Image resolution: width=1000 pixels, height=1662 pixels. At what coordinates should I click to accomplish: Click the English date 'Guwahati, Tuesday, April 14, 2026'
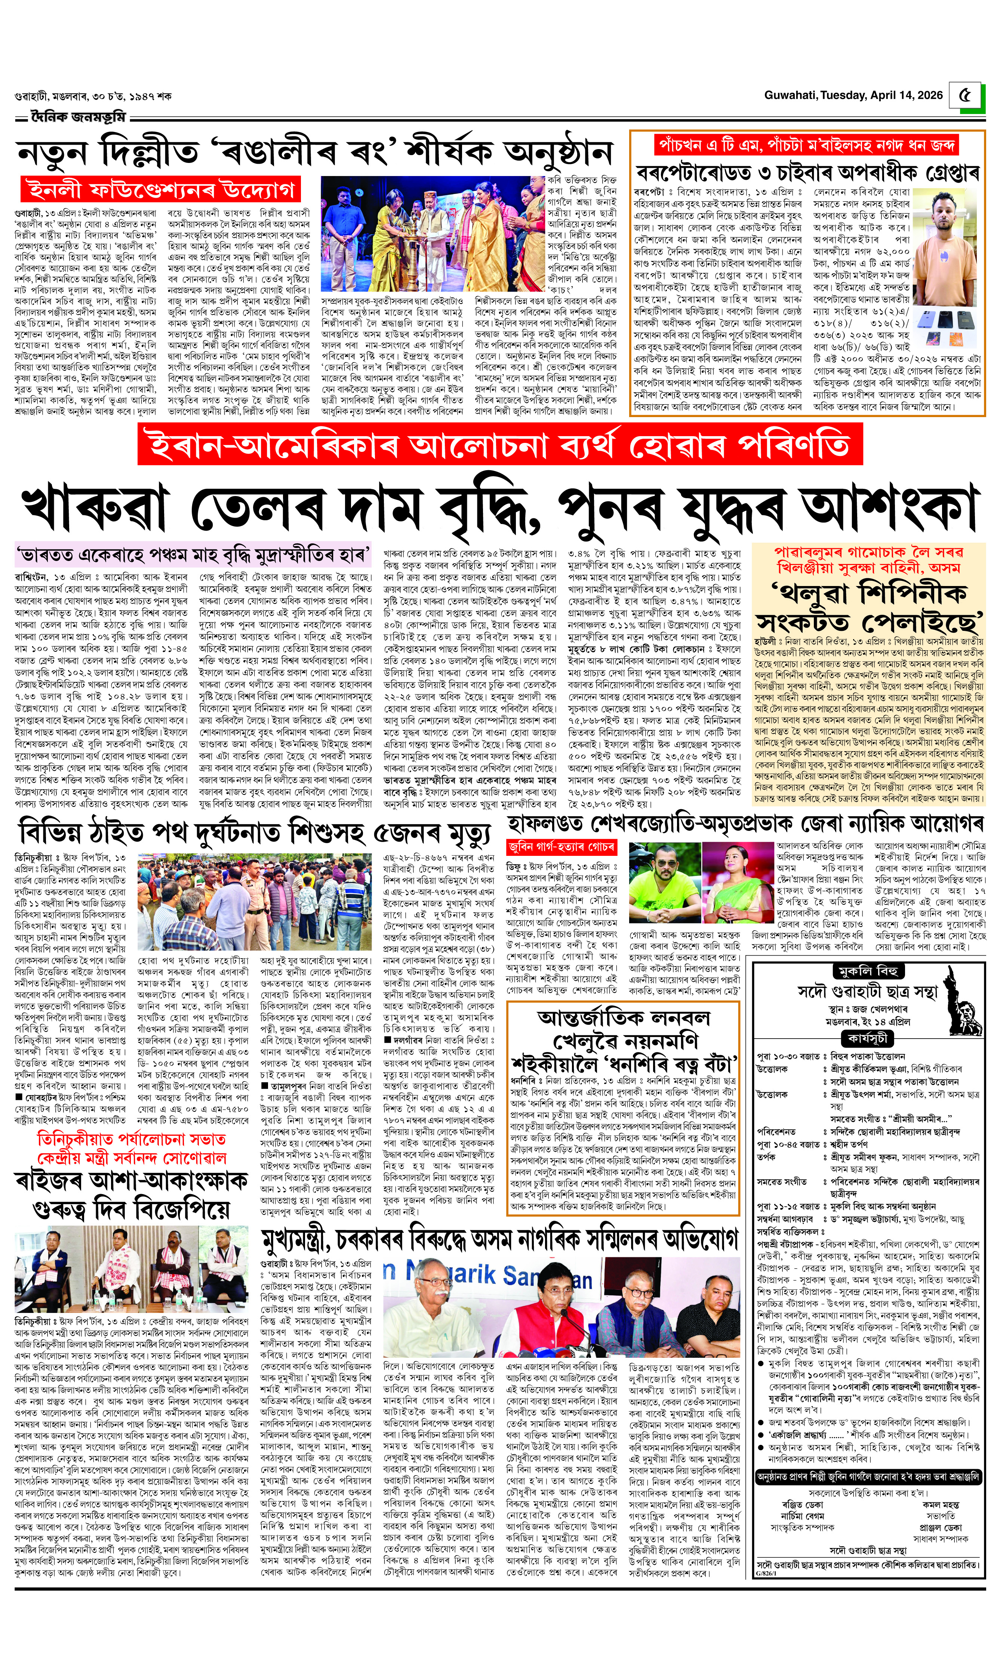click(852, 95)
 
